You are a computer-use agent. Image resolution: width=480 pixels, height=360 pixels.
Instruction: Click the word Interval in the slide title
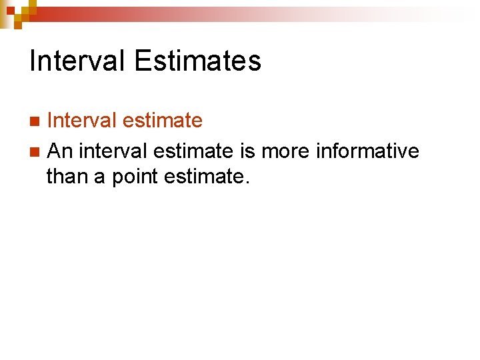(77, 61)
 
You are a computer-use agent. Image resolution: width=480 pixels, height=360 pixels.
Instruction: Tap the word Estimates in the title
(197, 61)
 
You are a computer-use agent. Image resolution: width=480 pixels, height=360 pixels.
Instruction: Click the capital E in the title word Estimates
(142, 61)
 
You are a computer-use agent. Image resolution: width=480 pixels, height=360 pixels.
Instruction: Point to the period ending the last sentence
(247, 182)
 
